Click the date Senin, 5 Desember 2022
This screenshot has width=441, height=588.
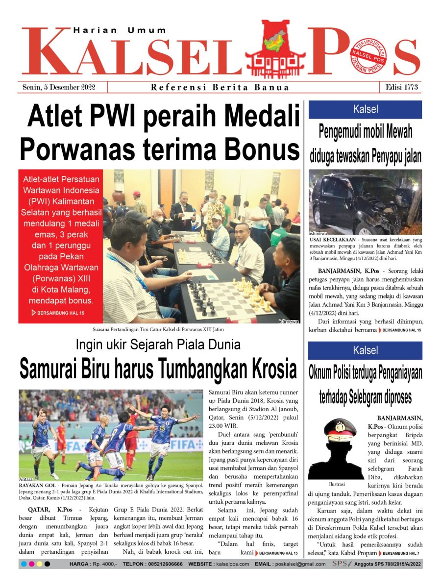pyautogui.click(x=59, y=87)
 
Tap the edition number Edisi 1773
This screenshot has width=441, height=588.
pyautogui.click(x=401, y=87)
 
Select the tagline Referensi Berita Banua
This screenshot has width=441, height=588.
pyautogui.click(x=220, y=88)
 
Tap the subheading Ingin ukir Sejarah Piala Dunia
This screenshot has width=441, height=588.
pyautogui.click(x=158, y=344)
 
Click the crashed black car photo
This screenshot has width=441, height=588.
pyautogui.click(x=365, y=202)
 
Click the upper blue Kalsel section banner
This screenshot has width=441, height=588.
pyautogui.click(x=365, y=109)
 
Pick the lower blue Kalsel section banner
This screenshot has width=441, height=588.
pyautogui.click(x=365, y=350)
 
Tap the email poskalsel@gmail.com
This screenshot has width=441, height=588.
pyautogui.click(x=300, y=564)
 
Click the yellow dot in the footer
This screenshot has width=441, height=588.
pyautogui.click(x=39, y=564)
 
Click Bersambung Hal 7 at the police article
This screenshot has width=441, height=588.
pyautogui.click(x=402, y=553)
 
